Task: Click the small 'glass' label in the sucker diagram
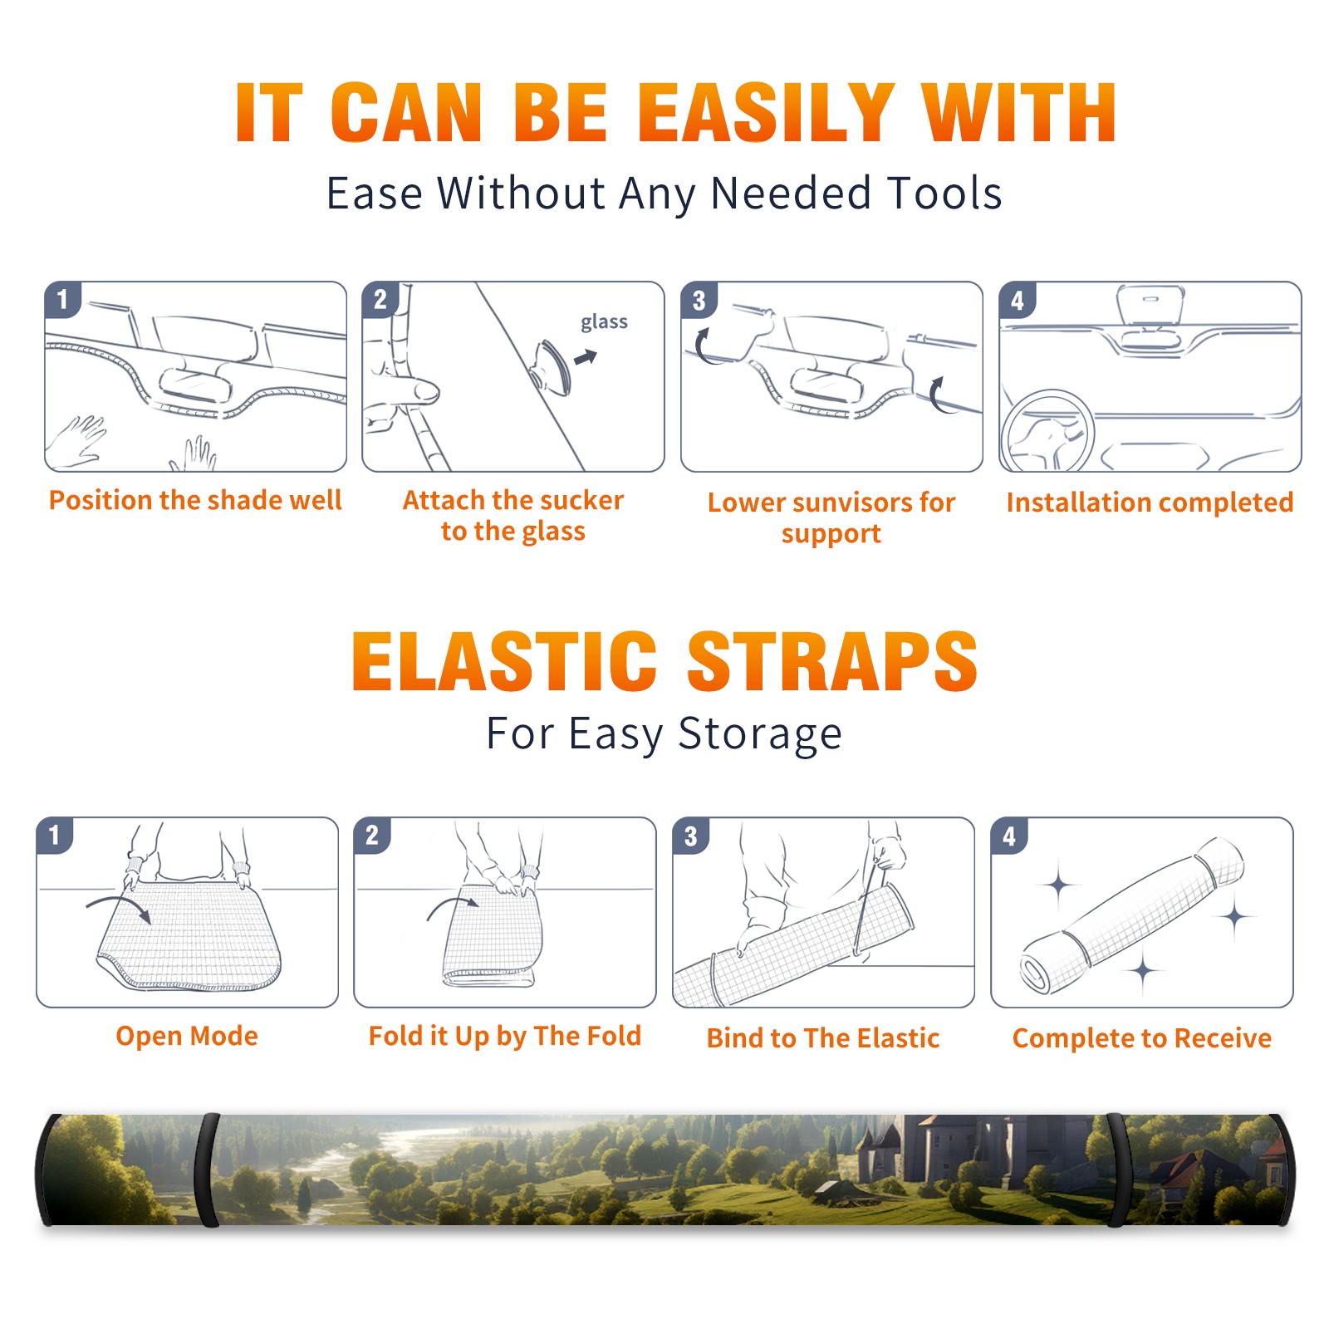604,321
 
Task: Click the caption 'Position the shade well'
195,500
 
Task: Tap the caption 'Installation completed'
1150,502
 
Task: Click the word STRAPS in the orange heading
832,661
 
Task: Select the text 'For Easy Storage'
664,733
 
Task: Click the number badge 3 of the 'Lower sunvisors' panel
699,300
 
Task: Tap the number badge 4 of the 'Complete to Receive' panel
1009,836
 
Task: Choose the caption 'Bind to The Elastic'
822,1037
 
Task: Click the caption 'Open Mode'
187,1036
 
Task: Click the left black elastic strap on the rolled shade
207,1170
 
